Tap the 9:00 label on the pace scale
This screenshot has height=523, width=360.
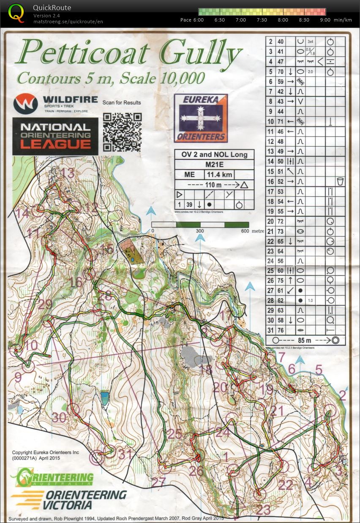pyautogui.click(x=325, y=20)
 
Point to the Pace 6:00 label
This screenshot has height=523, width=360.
pyautogui.click(x=192, y=20)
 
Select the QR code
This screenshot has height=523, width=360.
pyautogui.click(x=122, y=132)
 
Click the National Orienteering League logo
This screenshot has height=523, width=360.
pyautogui.click(x=55, y=136)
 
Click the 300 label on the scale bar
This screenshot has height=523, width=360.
pyautogui.click(x=200, y=231)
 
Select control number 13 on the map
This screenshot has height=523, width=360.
pyautogui.click(x=68, y=173)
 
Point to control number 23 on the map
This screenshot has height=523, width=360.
pyautogui.click(x=263, y=509)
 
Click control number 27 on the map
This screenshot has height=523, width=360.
pyautogui.click(x=158, y=482)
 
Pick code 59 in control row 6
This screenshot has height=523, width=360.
pyautogui.click(x=281, y=82)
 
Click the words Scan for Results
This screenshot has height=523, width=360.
pyautogui.click(x=122, y=102)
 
